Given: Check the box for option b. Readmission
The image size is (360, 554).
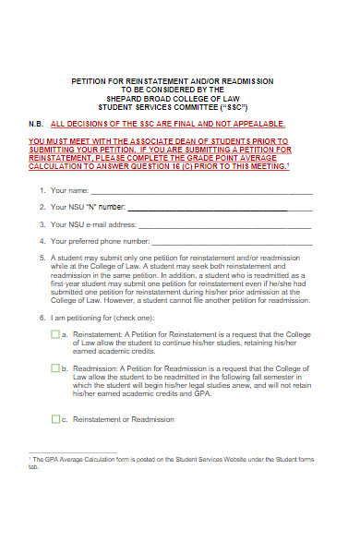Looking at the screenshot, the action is click(x=56, y=368).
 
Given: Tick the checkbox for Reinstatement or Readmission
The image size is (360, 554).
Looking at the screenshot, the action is click(x=56, y=419).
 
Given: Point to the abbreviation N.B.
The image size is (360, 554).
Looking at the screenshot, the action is click(x=36, y=124).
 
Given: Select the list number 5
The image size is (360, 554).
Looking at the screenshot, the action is click(x=42, y=259).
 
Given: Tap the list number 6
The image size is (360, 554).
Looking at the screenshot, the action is click(x=42, y=318).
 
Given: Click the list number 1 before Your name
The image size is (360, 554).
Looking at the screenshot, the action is click(x=42, y=191).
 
